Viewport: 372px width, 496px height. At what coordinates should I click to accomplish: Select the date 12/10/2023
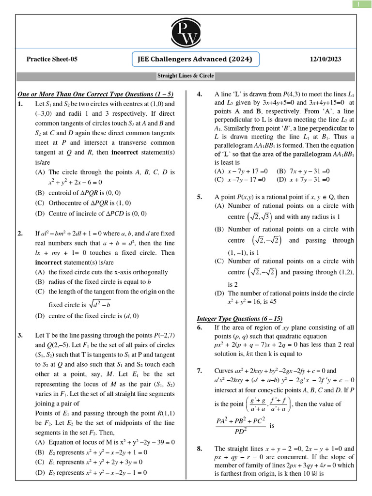(x=325, y=60)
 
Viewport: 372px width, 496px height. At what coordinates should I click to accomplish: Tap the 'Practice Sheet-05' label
(x=52, y=60)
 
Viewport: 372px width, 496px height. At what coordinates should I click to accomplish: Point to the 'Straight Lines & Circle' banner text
(x=186, y=76)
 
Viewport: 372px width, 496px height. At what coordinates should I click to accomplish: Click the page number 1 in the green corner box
(x=359, y=4)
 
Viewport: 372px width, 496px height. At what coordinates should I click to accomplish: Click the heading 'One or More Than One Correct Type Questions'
(x=95, y=94)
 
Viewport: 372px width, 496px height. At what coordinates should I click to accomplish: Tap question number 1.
(x=20, y=104)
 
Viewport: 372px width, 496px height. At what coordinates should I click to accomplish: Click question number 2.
(x=20, y=233)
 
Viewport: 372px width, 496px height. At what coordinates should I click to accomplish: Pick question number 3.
(x=20, y=335)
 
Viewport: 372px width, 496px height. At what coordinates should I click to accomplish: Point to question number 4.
(x=199, y=94)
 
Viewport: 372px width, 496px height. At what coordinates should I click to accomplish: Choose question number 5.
(x=199, y=197)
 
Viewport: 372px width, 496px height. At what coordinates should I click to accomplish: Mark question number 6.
(x=199, y=328)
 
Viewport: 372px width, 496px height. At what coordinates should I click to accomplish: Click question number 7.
(x=199, y=371)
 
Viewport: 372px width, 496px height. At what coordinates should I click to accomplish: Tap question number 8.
(x=199, y=449)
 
